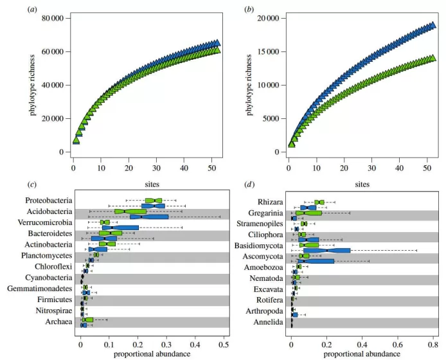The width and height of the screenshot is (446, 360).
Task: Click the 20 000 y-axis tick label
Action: coord(264,18)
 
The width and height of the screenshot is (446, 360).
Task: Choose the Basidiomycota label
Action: coord(262,245)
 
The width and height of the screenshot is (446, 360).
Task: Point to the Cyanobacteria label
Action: coord(50,277)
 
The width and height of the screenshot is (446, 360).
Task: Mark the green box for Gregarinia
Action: coord(308,213)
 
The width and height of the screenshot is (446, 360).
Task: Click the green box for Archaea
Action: coord(89,319)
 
